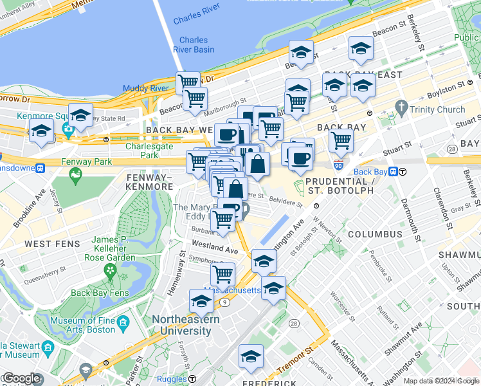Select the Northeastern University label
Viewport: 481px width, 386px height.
(186, 325)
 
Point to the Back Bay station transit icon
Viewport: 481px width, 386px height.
(402, 172)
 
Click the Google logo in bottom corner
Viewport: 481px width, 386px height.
(21, 378)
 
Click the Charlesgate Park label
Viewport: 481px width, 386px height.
(141, 151)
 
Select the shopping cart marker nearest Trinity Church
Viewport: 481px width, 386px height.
(340, 140)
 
